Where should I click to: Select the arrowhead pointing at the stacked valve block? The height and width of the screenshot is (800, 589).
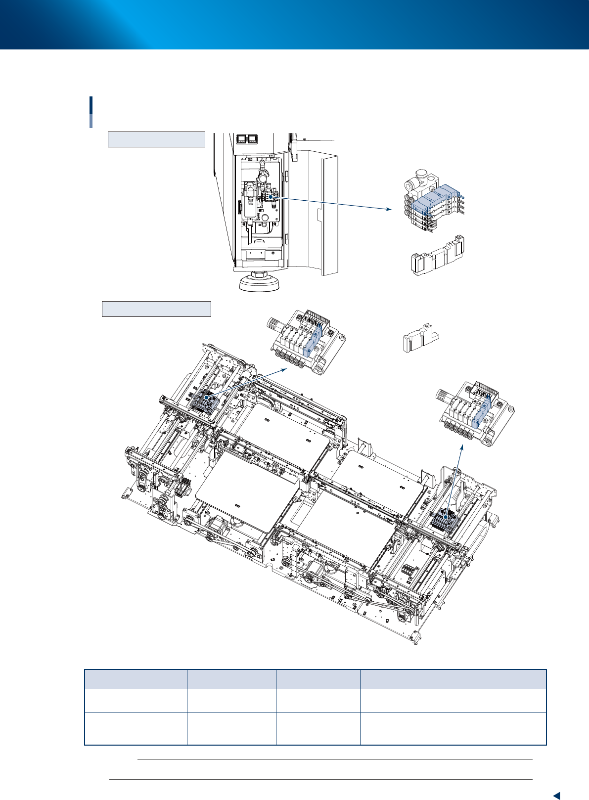coord(389,210)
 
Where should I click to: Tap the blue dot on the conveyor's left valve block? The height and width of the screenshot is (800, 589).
coord(206,397)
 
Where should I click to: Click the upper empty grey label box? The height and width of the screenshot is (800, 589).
coord(156,139)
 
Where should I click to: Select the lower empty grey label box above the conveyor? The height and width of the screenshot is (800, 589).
coord(156,309)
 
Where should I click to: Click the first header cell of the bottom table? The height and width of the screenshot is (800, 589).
coord(136,679)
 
